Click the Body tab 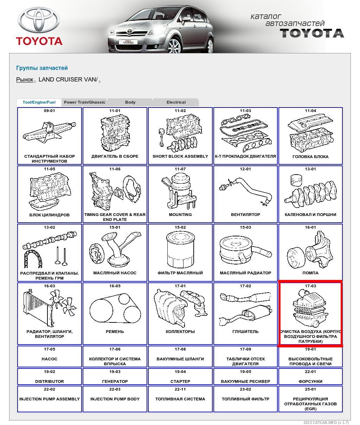pyautogui.click(x=130, y=102)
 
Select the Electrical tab pyautogui.click(x=176, y=102)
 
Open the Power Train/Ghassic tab pyautogui.click(x=84, y=102)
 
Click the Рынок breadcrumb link pyautogui.click(x=25, y=79)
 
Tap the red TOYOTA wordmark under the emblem pyautogui.click(x=39, y=41)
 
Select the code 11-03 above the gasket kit pyautogui.click(x=245, y=111)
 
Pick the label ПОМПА pyautogui.click(x=310, y=273)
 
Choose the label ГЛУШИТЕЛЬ pyautogui.click(x=245, y=332)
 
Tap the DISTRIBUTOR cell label pyautogui.click(x=50, y=381)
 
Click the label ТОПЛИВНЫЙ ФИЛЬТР pyautogui.click(x=245, y=399)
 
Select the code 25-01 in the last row pyautogui.click(x=310, y=389)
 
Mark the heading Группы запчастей pyautogui.click(x=42, y=68)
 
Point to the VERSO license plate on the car pyautogui.click(x=128, y=42)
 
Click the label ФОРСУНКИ pyautogui.click(x=310, y=381)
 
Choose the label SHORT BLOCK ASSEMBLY pyautogui.click(x=180, y=156)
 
